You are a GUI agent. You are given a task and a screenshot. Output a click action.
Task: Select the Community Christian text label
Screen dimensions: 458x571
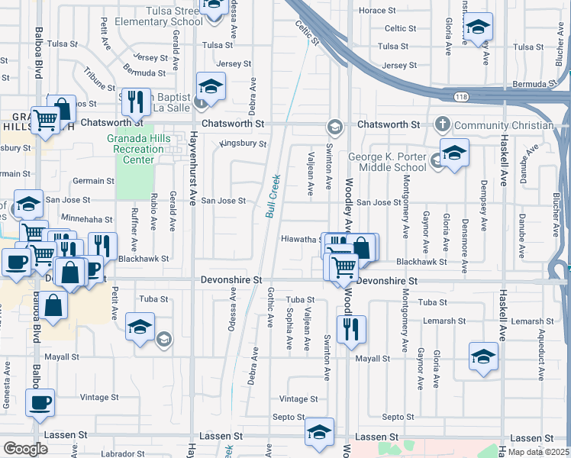(503, 125)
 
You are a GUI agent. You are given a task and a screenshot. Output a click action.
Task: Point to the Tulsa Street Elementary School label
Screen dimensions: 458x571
(158, 16)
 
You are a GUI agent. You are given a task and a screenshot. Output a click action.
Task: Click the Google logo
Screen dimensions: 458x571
(25, 449)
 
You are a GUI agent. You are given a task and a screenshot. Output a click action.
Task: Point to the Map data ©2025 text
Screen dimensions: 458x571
(538, 452)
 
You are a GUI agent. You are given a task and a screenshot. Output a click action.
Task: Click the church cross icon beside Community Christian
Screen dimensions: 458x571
(442, 124)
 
